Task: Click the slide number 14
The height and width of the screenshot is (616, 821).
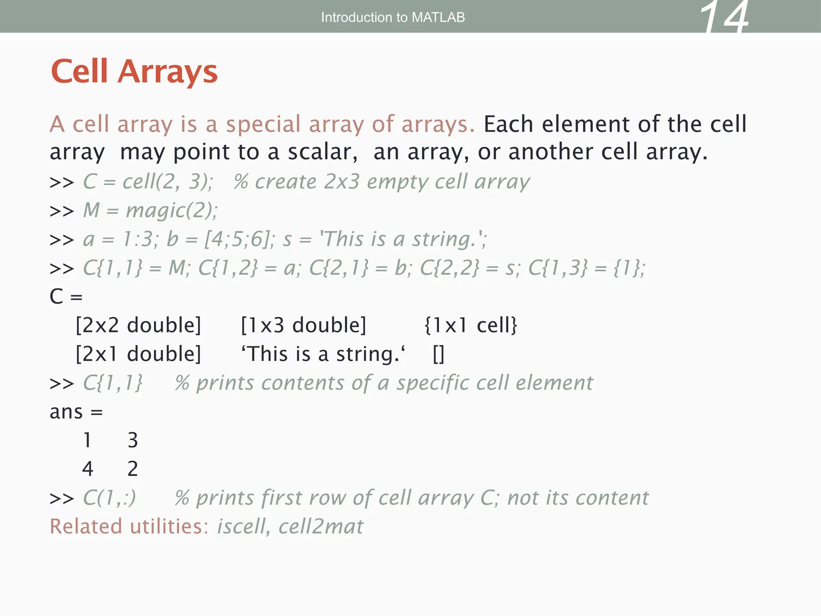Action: tap(724, 18)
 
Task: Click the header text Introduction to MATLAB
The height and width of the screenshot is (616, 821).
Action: tap(393, 17)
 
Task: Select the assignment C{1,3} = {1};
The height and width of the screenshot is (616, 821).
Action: tap(586, 268)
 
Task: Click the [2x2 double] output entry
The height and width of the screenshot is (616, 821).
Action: tap(138, 325)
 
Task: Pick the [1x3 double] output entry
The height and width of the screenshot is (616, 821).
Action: tap(303, 325)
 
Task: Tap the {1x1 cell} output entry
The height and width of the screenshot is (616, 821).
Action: tap(471, 325)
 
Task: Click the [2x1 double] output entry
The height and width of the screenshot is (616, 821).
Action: tap(138, 354)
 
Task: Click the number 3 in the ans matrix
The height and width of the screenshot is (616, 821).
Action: tap(133, 440)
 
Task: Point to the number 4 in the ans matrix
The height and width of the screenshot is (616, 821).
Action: tap(88, 468)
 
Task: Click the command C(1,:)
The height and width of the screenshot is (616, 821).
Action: tap(109, 498)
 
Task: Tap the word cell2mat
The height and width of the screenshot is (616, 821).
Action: tap(321, 526)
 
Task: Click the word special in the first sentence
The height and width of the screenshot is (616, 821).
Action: tap(263, 124)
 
